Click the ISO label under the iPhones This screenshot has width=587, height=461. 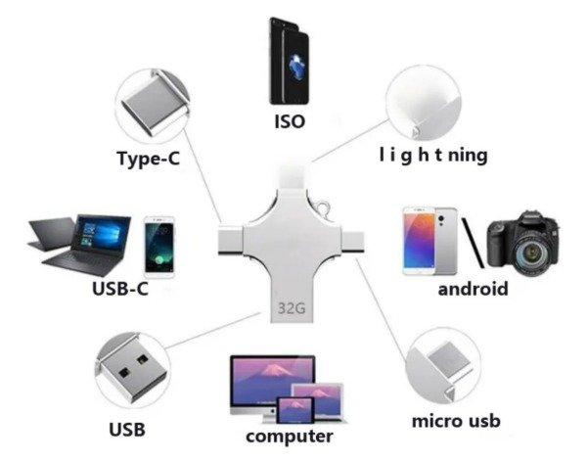click(290, 121)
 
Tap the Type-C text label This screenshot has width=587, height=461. click(149, 158)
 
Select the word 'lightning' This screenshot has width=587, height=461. click(433, 155)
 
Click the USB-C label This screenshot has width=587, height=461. click(120, 289)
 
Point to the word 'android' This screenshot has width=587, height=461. click(474, 289)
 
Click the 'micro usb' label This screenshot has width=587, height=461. click(456, 421)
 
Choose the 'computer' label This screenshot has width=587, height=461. click(290, 437)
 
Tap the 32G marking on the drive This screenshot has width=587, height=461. click(292, 308)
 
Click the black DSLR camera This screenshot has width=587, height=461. click(523, 243)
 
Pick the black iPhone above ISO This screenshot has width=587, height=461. click(290, 61)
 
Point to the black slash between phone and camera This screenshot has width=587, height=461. click(473, 243)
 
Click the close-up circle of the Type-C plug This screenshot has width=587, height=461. click(154, 106)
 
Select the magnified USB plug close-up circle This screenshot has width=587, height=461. click(133, 370)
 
